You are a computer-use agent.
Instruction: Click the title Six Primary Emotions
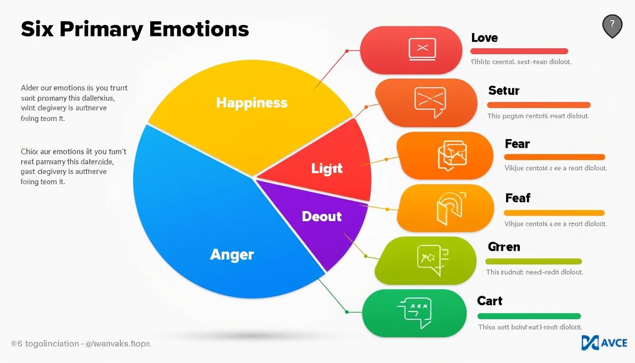click(135, 30)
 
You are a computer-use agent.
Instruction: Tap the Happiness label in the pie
click(251, 103)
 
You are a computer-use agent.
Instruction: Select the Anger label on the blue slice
click(232, 254)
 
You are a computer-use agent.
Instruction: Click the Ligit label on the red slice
click(326, 168)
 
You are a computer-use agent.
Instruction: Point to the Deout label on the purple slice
click(321, 216)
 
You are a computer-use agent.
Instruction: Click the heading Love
click(484, 38)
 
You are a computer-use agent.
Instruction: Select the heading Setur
click(504, 90)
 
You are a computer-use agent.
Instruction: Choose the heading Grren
click(504, 247)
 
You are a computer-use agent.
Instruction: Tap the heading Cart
click(489, 301)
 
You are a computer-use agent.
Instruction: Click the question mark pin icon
click(612, 25)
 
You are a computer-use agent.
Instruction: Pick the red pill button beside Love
click(411, 50)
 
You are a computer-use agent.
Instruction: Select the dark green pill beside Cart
click(414, 313)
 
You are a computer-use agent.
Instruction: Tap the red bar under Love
click(519, 51)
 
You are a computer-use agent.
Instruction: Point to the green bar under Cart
click(529, 316)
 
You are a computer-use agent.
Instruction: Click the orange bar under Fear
click(554, 157)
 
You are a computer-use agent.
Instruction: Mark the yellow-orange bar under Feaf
click(554, 213)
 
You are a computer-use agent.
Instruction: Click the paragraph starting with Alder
click(74, 104)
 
